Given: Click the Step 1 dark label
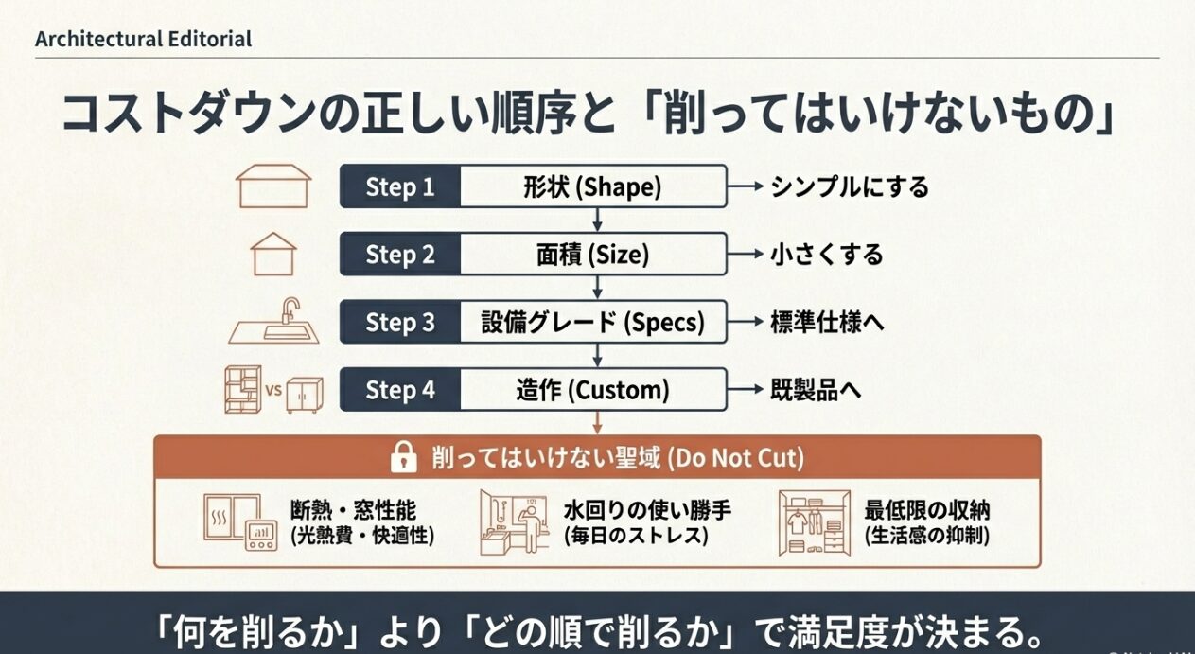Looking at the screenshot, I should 400,186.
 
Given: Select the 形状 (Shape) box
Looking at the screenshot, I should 593,186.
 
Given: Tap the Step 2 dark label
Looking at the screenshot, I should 400,255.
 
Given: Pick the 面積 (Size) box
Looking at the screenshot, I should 593,255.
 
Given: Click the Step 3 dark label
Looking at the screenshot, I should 400,323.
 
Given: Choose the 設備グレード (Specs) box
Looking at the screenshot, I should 593,323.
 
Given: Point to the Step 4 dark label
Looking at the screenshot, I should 400,390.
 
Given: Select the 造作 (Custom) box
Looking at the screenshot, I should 593,390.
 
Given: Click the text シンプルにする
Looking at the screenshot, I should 849,186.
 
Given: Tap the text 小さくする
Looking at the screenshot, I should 825,255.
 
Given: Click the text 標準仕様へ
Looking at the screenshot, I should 827,323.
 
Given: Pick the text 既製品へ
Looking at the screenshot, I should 815,390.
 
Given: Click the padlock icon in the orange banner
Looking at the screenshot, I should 403,459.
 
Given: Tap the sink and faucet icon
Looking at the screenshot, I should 274,322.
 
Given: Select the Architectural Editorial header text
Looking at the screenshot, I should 143,39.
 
